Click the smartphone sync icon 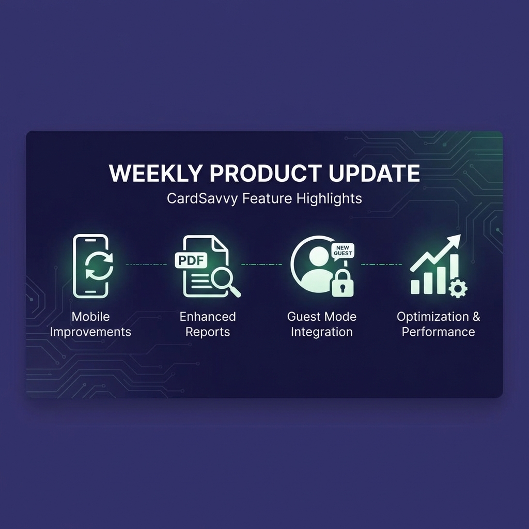pos(91,266)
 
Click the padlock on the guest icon pos(343,282)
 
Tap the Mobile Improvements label pos(90,324)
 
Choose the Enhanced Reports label pos(207,324)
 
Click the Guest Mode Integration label pos(321,324)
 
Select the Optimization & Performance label pos(438,324)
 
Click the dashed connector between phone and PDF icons pos(146,264)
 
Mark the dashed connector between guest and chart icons pos(381,264)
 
